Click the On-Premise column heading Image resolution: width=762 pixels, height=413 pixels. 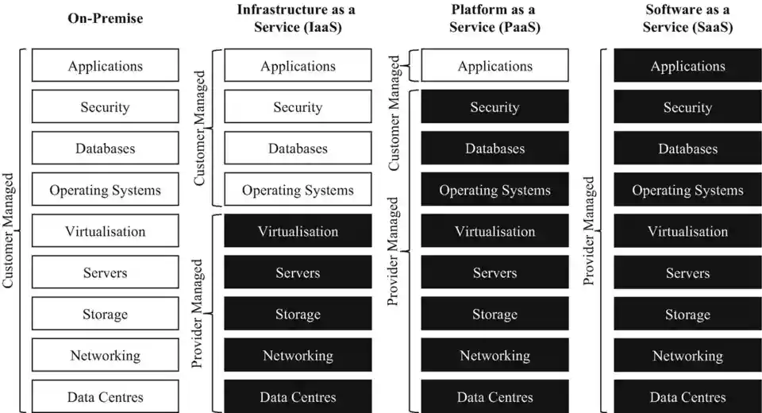[x=105, y=17]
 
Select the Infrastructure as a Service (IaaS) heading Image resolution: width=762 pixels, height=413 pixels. [x=298, y=17]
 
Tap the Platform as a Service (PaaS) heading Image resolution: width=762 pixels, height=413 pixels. [x=495, y=17]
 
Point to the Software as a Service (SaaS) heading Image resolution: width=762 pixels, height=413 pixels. [x=687, y=17]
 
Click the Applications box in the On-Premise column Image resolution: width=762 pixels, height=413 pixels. [x=105, y=66]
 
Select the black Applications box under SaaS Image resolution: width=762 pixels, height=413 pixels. [x=687, y=66]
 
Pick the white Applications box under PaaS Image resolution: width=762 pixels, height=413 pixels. [x=495, y=66]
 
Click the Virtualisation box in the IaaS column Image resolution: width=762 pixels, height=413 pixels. [x=298, y=231]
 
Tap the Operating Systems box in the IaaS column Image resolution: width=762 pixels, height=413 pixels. [x=298, y=190]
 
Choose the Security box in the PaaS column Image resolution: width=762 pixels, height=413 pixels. [x=495, y=107]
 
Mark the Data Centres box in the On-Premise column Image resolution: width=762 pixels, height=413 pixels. [x=105, y=396]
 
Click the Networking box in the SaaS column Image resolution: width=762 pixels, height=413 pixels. [x=687, y=355]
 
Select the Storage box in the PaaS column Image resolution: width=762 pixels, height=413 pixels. [x=495, y=314]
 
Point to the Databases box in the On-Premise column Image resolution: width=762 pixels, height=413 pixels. [x=105, y=149]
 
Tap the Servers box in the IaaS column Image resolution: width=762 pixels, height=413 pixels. [x=298, y=272]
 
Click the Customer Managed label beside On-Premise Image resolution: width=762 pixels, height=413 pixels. [x=9, y=230]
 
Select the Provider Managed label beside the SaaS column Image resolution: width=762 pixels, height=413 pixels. [x=589, y=230]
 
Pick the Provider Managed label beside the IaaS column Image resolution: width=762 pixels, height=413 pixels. [x=199, y=313]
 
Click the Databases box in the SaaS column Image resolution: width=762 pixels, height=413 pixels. [x=687, y=149]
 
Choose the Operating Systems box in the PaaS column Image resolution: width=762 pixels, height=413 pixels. [x=495, y=190]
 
